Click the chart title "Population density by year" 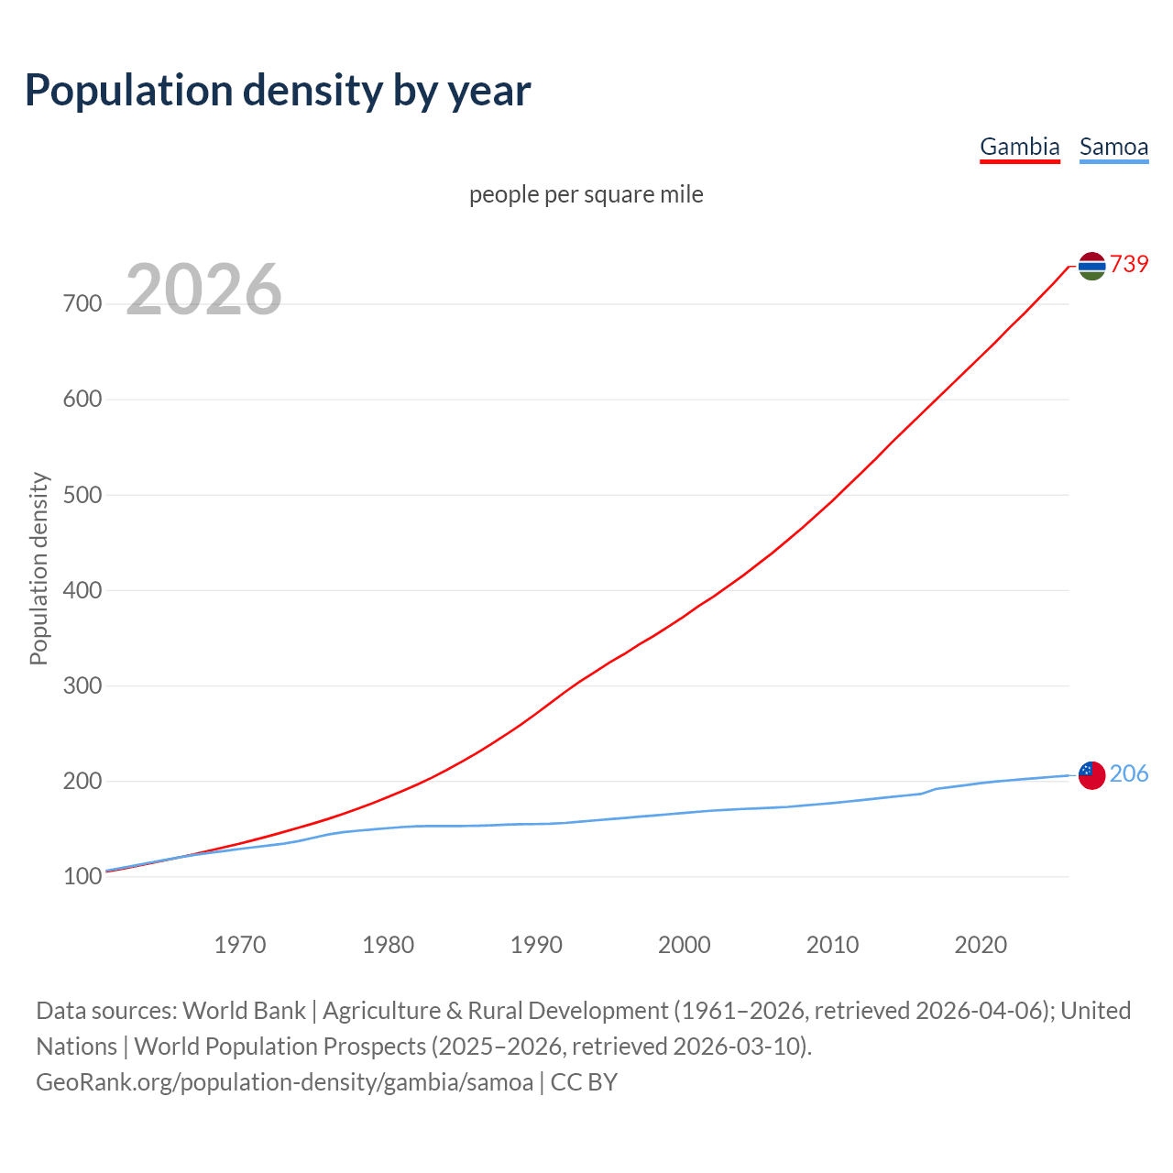pos(278,90)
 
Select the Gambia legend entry pos(1019,147)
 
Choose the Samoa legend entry pos(1113,147)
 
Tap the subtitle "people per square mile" pos(586,194)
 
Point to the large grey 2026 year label pos(203,290)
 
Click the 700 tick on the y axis pos(82,303)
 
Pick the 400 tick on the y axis pos(82,590)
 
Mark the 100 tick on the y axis pos(82,877)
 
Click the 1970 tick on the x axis pos(240,945)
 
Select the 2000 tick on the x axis pos(685,945)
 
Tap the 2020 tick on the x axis pos(981,945)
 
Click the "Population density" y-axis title pos(38,568)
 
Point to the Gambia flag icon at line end pos(1091,266)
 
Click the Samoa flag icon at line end pos(1091,774)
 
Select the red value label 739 pos(1129,264)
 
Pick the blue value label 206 pos(1129,773)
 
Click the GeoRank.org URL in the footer pos(284,1082)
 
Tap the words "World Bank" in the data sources pos(244,1011)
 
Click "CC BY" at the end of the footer pos(584,1082)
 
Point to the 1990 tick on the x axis pos(536,945)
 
